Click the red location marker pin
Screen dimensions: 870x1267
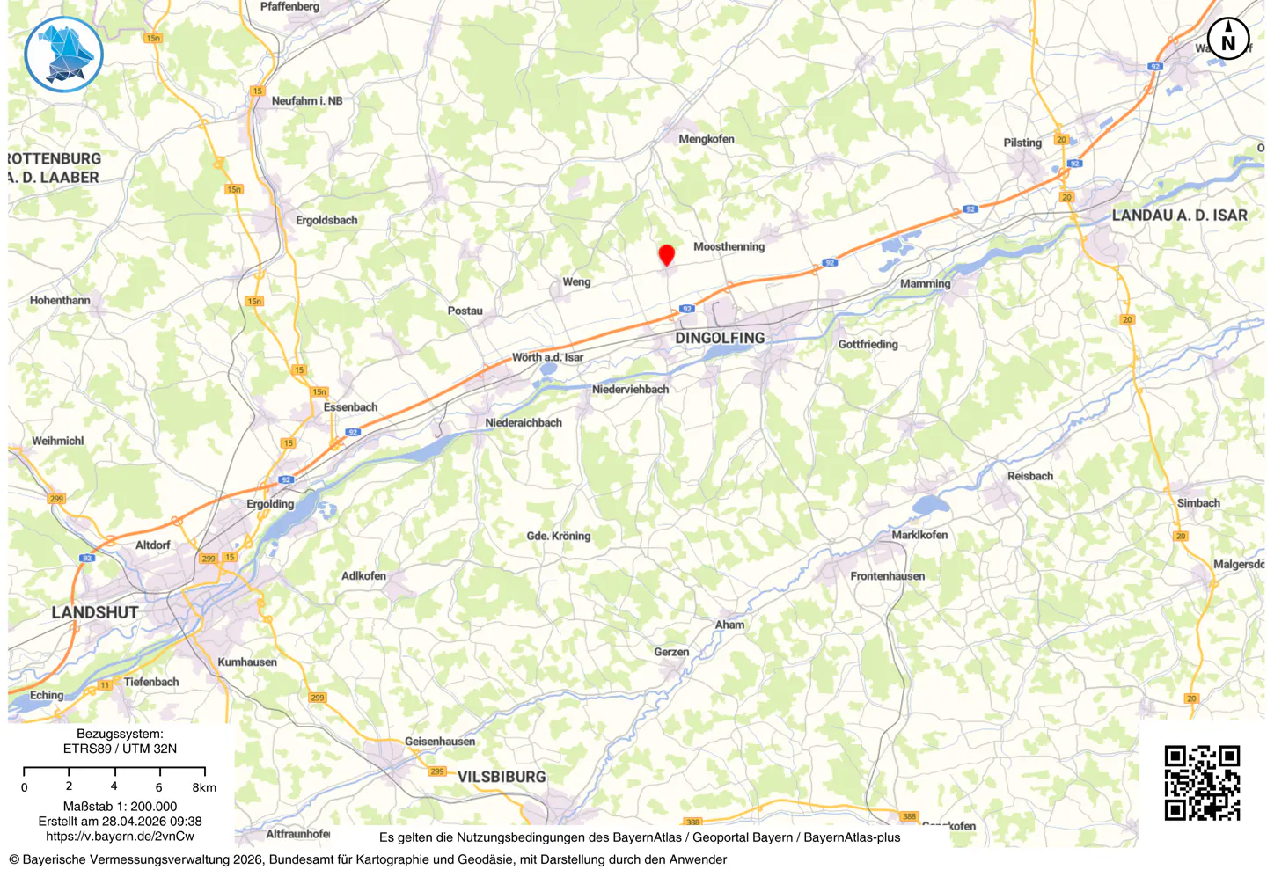pyautogui.click(x=667, y=254)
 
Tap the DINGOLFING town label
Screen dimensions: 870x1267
pyautogui.click(x=720, y=338)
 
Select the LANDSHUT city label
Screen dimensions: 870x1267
pyautogui.click(x=95, y=612)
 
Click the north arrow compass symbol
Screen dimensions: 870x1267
pyautogui.click(x=1228, y=40)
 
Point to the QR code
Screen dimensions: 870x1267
pyautogui.click(x=1202, y=783)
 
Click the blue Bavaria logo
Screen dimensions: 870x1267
pyautogui.click(x=63, y=55)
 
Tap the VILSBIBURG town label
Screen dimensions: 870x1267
pyautogui.click(x=502, y=777)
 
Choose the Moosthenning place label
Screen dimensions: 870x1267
pyautogui.click(x=729, y=246)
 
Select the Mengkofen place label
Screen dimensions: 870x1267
pyautogui.click(x=706, y=139)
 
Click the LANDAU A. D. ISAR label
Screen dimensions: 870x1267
pyautogui.click(x=1179, y=216)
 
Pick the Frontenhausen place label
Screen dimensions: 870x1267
pyautogui.click(x=887, y=576)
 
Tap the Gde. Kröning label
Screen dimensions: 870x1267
pyautogui.click(x=558, y=536)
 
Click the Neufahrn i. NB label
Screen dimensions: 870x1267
pyautogui.click(x=307, y=101)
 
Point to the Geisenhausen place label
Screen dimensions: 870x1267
pyautogui.click(x=440, y=742)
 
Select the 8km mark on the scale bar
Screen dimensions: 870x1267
pyautogui.click(x=204, y=787)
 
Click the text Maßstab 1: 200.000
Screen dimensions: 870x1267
pyautogui.click(x=120, y=806)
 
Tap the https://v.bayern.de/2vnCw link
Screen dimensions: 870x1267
pyautogui.click(x=120, y=837)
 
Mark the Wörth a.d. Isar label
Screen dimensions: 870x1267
pyautogui.click(x=547, y=357)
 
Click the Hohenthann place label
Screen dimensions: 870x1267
pyautogui.click(x=60, y=301)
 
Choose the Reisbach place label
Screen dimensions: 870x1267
pyautogui.click(x=1029, y=476)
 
